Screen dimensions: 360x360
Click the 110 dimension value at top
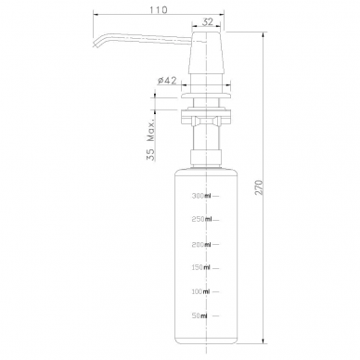159,10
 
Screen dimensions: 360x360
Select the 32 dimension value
208,22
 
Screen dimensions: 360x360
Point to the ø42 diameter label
167,81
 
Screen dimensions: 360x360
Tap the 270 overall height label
259,187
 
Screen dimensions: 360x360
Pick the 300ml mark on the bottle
201,196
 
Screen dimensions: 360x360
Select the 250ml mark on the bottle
202,219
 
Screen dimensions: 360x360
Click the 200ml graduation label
201,245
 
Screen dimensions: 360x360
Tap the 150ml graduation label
201,267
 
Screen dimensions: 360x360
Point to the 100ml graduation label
201,291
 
